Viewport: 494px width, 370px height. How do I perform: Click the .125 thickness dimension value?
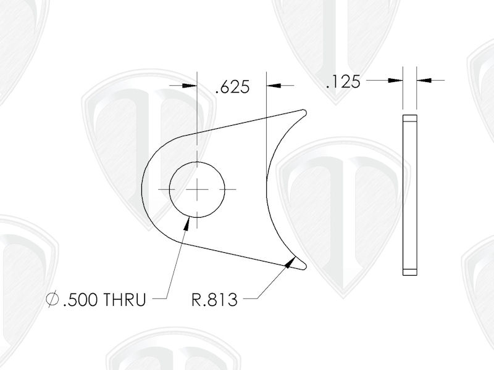point(343,81)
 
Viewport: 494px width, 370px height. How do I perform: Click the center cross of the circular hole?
point(197,189)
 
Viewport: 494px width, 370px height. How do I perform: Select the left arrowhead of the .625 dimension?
point(191,85)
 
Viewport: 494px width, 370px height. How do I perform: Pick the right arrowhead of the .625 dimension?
point(272,85)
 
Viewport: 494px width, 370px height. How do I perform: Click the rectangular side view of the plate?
point(409,194)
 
